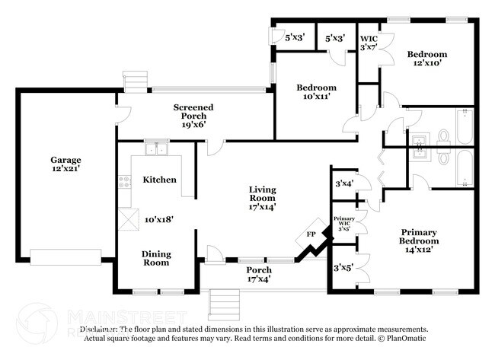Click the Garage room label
pyautogui.click(x=65, y=160)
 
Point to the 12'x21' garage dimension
pyautogui.click(x=65, y=170)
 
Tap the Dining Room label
pyautogui.click(x=156, y=258)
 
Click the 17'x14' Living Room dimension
pyautogui.click(x=262, y=205)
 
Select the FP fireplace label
pyautogui.click(x=310, y=234)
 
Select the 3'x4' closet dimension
pyautogui.click(x=343, y=183)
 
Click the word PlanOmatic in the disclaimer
pyautogui.click(x=404, y=338)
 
